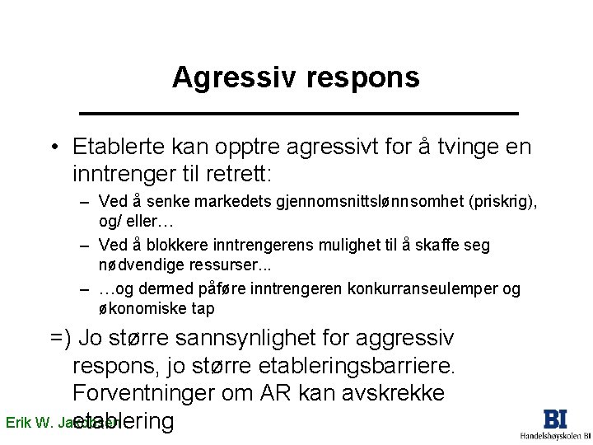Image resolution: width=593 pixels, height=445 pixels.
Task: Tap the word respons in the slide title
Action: (362, 79)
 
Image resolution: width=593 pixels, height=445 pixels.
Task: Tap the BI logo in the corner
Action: (555, 419)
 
